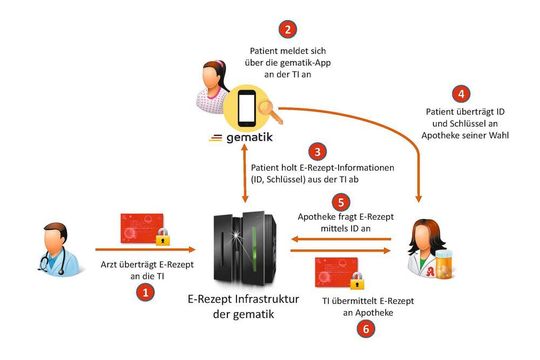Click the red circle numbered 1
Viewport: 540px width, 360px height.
point(146,293)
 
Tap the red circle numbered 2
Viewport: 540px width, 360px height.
point(289,30)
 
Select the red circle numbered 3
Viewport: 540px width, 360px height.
point(318,153)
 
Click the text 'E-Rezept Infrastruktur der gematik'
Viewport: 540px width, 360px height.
point(239,307)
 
